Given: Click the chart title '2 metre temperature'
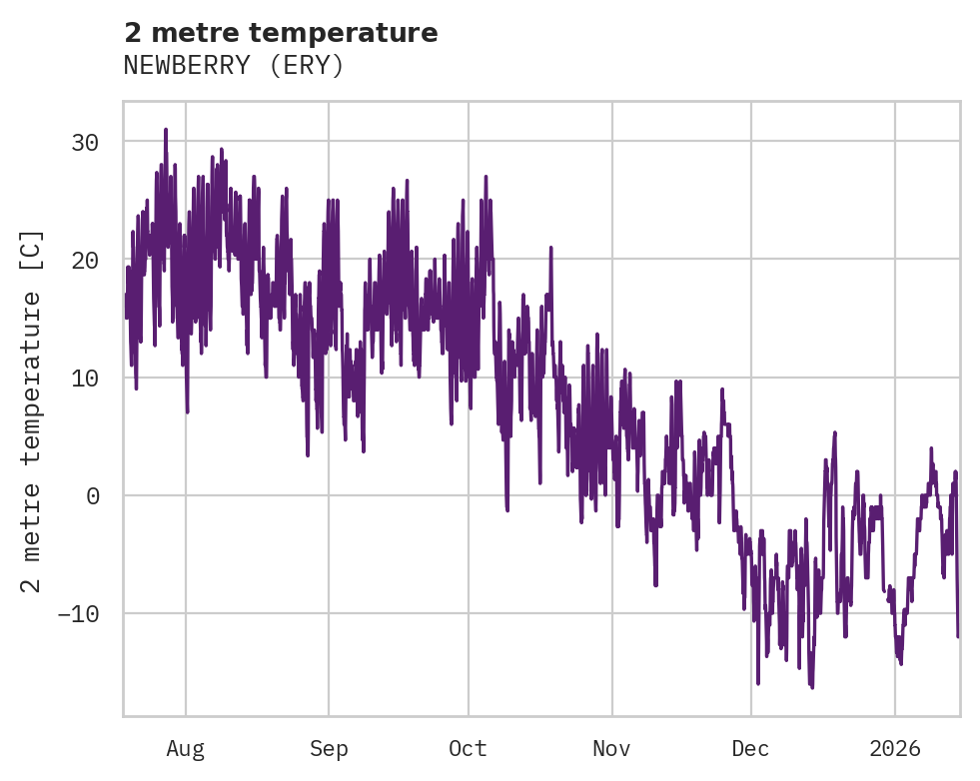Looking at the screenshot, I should pyautogui.click(x=281, y=33).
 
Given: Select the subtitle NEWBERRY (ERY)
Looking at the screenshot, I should pyautogui.click(x=234, y=66).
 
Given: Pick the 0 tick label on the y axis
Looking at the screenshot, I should pyautogui.click(x=92, y=495).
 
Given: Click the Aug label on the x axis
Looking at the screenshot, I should pyautogui.click(x=186, y=748).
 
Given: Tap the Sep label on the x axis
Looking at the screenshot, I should pyautogui.click(x=328, y=748).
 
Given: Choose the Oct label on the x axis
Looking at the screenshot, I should pyautogui.click(x=468, y=748).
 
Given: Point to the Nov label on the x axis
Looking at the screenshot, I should pyautogui.click(x=612, y=748).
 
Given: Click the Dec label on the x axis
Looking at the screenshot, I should pyautogui.click(x=751, y=748).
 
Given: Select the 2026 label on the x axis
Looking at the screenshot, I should pyautogui.click(x=895, y=748).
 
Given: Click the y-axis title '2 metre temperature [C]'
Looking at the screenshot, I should pyautogui.click(x=32, y=409).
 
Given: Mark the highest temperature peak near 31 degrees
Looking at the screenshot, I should pyautogui.click(x=166, y=130).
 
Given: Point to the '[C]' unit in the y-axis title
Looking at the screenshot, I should pyautogui.click(x=32, y=251).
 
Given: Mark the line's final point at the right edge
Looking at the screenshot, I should pyautogui.click(x=958, y=635).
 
